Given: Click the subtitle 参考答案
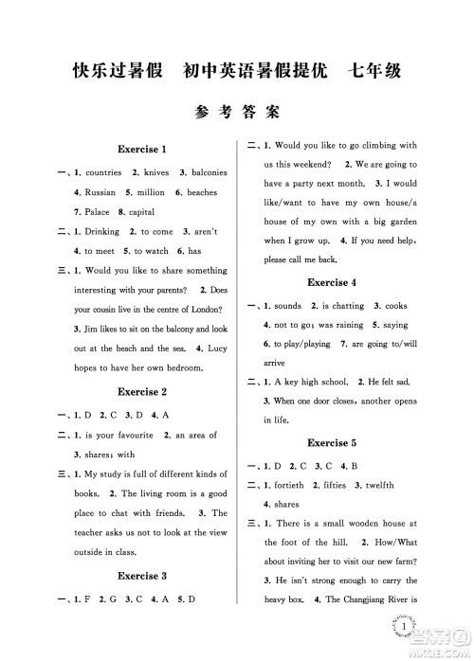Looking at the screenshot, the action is [236, 110].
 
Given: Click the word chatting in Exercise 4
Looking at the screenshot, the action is [346, 306].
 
